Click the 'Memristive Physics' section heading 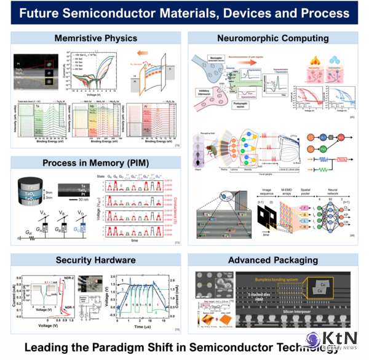point(96,39)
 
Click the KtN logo point(341,340)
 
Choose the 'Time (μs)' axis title point(144,327)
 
